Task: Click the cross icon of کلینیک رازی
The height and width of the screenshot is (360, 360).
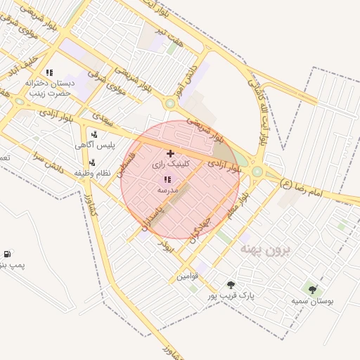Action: point(169,153)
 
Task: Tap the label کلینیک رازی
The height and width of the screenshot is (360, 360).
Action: point(169,164)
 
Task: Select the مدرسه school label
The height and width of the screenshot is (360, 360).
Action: point(167,190)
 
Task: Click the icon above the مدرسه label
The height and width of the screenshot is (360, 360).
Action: point(167,179)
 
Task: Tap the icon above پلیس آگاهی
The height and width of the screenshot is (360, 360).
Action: point(94,134)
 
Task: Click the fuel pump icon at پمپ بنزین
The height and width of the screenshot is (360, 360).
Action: point(7,254)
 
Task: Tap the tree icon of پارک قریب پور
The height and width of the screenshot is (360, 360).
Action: point(231,285)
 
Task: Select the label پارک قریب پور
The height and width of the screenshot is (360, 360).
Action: point(230,296)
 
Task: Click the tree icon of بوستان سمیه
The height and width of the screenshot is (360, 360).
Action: point(312,289)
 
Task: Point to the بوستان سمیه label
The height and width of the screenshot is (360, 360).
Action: point(313,300)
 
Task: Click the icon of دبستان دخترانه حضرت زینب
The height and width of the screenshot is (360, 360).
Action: point(49,72)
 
